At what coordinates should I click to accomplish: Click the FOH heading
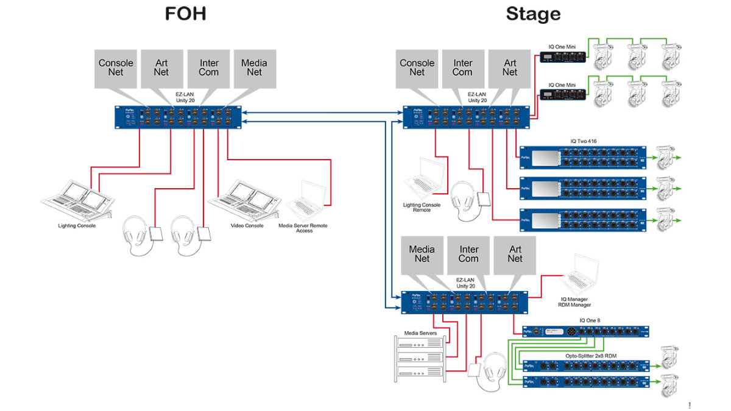185,15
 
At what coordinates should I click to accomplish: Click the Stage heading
533,15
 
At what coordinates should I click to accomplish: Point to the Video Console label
247,225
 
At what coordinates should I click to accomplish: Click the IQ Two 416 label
583,141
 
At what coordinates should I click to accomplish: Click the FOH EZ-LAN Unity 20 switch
178,117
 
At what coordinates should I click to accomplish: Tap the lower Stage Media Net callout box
422,254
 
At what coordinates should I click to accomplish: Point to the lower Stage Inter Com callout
468,254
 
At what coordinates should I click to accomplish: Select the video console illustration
245,200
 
